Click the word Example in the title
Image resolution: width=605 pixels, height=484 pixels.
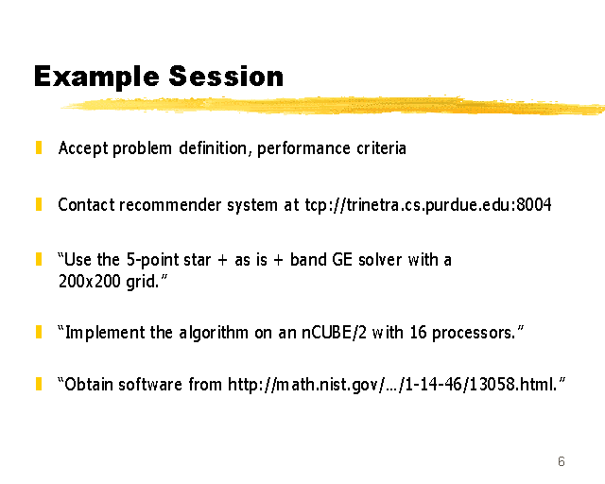tap(96, 77)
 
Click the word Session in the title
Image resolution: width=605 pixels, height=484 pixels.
tap(226, 76)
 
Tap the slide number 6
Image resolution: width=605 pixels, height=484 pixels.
tap(562, 461)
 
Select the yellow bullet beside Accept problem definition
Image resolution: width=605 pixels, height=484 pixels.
tap(39, 147)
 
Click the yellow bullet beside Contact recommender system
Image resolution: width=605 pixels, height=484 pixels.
tap(39, 204)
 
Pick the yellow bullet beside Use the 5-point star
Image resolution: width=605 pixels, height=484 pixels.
tap(39, 259)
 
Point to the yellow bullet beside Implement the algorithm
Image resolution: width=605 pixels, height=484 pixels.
tap(39, 332)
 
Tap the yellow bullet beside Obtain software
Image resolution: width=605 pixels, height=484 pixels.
tap(39, 384)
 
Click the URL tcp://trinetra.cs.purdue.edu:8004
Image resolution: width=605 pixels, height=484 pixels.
tap(428, 205)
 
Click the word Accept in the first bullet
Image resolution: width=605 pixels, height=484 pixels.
tap(83, 148)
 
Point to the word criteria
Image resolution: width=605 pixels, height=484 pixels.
tap(381, 148)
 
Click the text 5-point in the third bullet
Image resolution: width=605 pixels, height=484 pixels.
tap(152, 260)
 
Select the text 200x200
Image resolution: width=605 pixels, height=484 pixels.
tap(90, 282)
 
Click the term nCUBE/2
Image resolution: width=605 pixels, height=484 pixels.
tap(334, 333)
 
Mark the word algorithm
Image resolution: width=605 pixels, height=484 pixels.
tap(214, 333)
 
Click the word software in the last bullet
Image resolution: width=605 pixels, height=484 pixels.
tap(150, 385)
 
